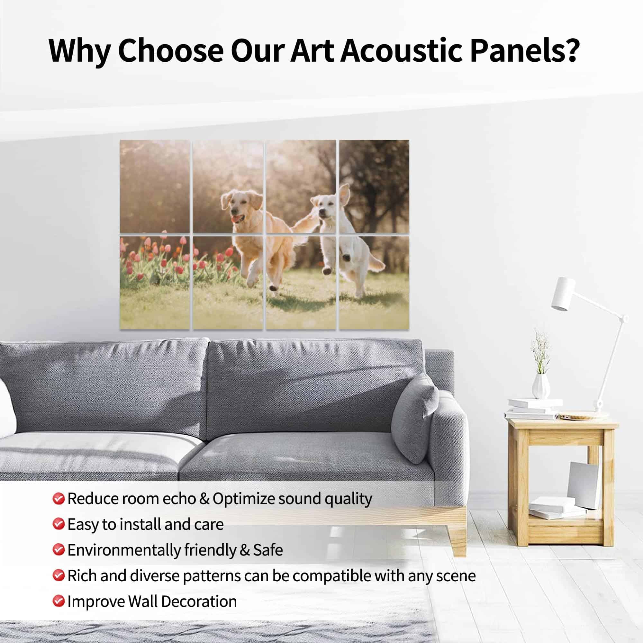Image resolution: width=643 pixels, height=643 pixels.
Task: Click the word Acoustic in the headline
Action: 401,50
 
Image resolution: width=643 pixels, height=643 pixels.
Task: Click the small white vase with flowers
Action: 540,386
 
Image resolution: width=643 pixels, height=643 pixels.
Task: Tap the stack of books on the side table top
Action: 532,408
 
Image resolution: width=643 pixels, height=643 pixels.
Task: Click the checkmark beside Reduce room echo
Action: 58,499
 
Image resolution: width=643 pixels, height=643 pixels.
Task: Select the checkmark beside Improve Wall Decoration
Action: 58,601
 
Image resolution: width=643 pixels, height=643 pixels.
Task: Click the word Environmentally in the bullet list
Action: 124,550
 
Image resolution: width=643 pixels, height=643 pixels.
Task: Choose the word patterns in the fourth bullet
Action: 211,576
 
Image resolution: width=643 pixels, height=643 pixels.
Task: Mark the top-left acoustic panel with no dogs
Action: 155,186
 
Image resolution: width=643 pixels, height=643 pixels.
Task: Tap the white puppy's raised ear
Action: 345,195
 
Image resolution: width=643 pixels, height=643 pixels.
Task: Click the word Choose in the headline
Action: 171,50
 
